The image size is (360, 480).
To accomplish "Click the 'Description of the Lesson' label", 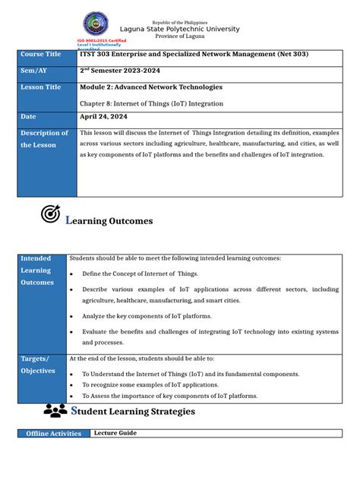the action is click(39, 138).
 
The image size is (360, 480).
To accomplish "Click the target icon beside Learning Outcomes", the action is click(50, 215).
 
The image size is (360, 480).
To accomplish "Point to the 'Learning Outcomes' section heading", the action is click(109, 220).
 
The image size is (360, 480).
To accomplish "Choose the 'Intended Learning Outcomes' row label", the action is click(37, 270).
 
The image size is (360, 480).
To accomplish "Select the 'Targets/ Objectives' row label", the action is click(38, 365).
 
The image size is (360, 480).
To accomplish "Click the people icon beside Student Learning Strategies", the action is click(55, 411).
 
